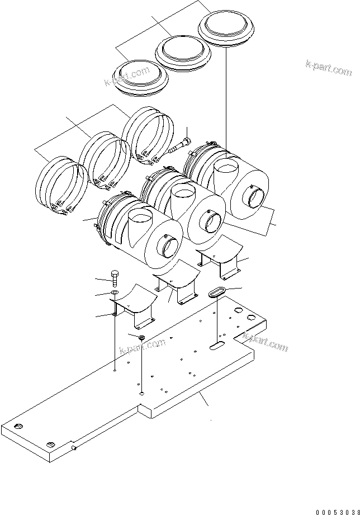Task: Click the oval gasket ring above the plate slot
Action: (216, 293)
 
